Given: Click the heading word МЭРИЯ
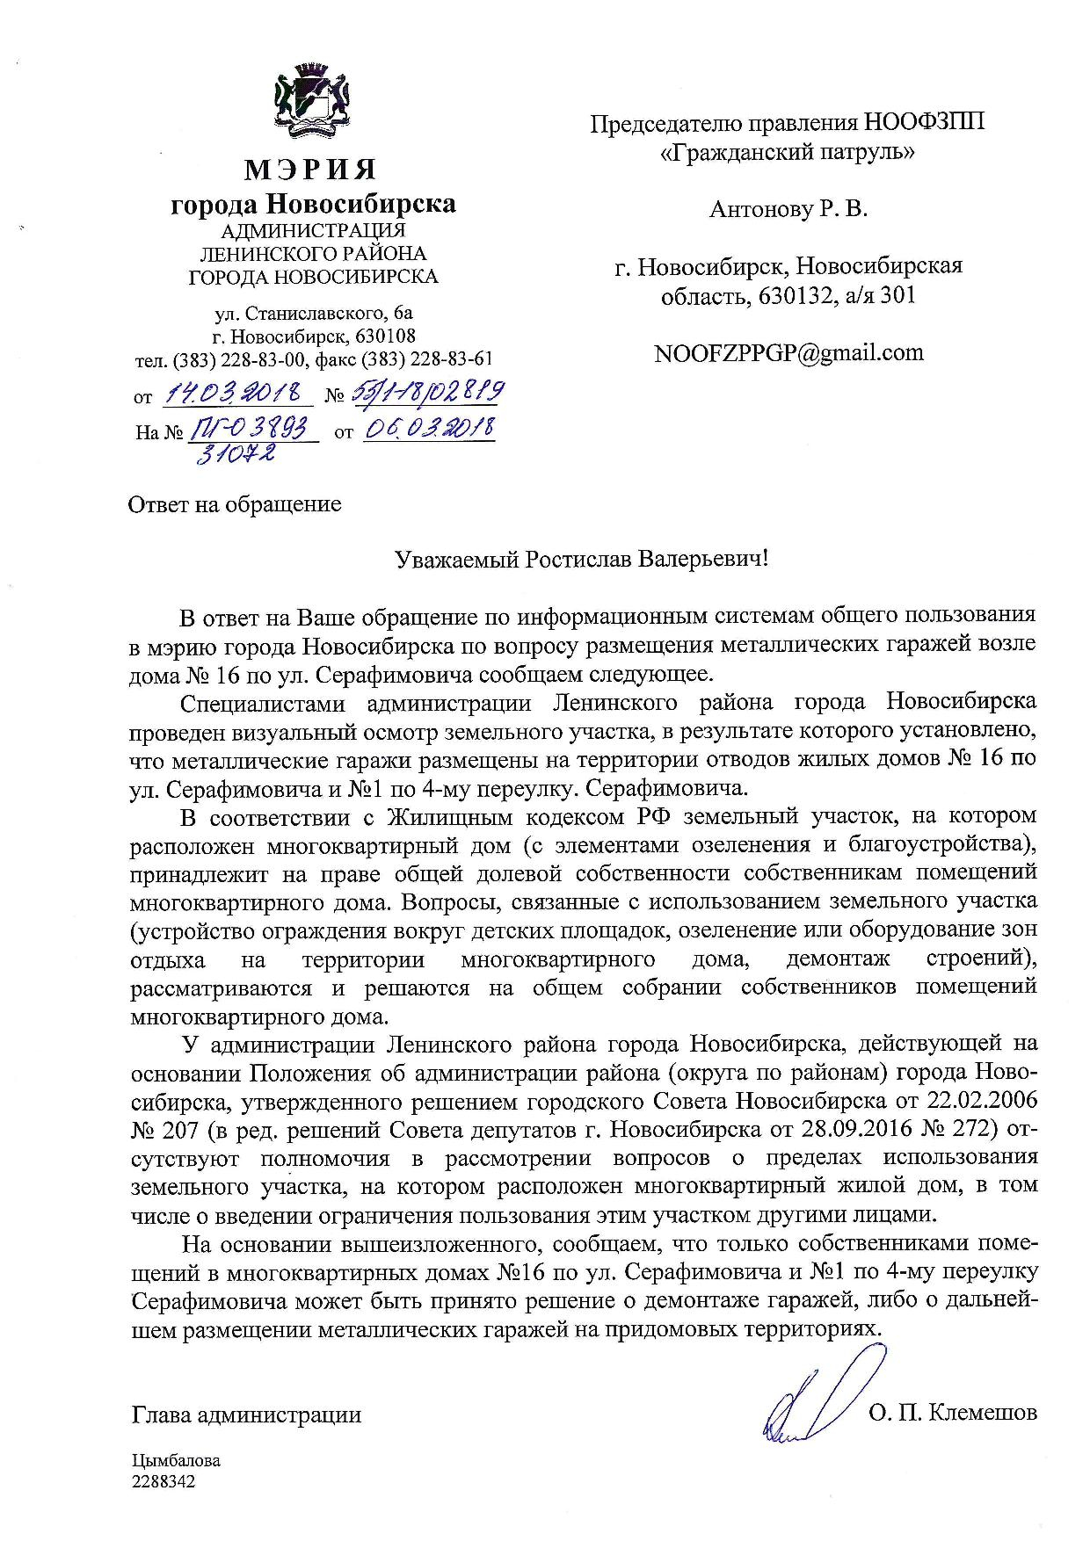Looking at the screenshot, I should tap(310, 168).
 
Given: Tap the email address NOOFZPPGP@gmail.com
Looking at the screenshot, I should tap(788, 353).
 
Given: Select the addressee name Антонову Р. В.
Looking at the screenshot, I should tap(788, 210).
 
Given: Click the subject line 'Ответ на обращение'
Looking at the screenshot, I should tap(235, 505).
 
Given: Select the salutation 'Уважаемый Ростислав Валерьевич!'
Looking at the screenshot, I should tap(581, 560).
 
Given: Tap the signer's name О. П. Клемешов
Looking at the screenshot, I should tap(952, 1413).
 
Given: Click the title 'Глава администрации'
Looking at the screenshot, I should tap(246, 1414).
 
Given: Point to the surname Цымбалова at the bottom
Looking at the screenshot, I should tap(176, 1461).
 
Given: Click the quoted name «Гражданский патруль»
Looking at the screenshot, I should tap(787, 152).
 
